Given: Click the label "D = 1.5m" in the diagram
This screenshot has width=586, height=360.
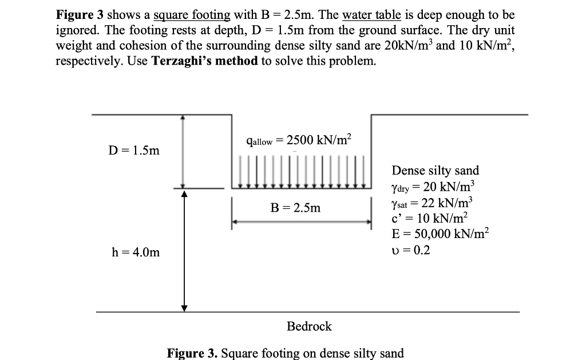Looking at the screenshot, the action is pyautogui.click(x=135, y=151).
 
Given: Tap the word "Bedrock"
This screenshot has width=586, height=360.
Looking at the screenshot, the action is pyautogui.click(x=309, y=326).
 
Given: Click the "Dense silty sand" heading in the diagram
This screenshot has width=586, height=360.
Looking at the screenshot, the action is pyautogui.click(x=435, y=170).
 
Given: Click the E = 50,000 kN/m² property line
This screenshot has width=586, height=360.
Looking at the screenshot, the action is pyautogui.click(x=441, y=234).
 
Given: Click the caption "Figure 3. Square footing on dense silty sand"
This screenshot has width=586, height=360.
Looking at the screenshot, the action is pyautogui.click(x=285, y=353).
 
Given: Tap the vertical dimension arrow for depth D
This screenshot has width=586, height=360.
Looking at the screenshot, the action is pyautogui.click(x=183, y=151).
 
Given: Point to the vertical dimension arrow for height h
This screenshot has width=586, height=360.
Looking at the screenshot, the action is pyautogui.click(x=184, y=251).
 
